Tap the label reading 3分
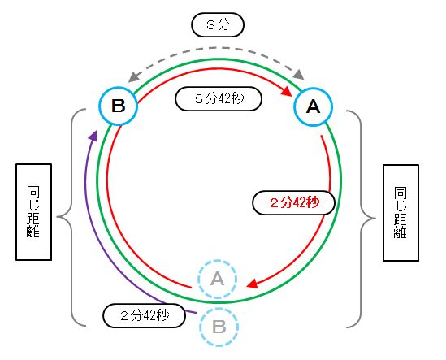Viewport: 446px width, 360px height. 218,25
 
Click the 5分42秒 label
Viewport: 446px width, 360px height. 219,99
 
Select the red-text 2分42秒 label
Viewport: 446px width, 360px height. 294,202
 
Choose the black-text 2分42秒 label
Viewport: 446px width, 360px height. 145,315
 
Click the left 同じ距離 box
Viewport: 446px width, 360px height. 33,212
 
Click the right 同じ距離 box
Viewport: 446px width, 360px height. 401,213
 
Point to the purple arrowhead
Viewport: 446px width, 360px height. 93,136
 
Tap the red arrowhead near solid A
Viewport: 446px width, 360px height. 287,91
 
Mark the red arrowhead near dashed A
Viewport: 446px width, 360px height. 252,284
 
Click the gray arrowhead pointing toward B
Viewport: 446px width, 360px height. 133,77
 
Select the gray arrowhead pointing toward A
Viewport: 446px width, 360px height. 299,75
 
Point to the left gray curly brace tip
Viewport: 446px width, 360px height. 58,217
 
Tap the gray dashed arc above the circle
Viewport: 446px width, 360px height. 216,49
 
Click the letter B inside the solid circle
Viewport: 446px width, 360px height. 119,106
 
